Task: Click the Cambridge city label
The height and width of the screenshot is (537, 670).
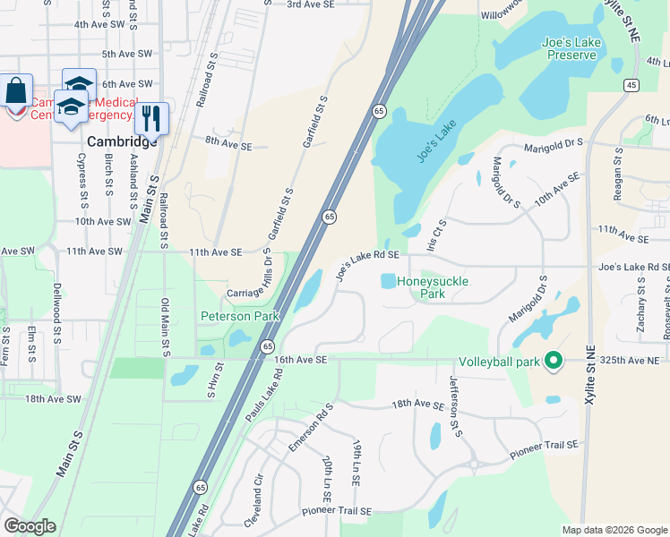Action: (x=122, y=141)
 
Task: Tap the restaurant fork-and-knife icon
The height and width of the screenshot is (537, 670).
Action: (x=151, y=116)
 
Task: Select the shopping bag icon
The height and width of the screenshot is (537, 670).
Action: (x=16, y=90)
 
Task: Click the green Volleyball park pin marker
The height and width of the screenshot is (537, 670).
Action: (x=554, y=362)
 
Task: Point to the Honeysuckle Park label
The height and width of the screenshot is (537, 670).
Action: (x=433, y=287)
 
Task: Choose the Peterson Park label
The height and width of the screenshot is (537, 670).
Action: (x=239, y=316)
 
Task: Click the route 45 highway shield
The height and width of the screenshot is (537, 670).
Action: (x=631, y=84)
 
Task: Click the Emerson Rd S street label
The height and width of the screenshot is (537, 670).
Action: (x=310, y=428)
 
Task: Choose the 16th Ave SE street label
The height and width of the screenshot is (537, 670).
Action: (x=303, y=359)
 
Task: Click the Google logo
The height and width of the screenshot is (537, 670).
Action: (x=30, y=526)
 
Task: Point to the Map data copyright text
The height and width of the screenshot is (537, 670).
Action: (x=614, y=530)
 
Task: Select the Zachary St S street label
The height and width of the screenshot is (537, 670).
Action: (x=642, y=305)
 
